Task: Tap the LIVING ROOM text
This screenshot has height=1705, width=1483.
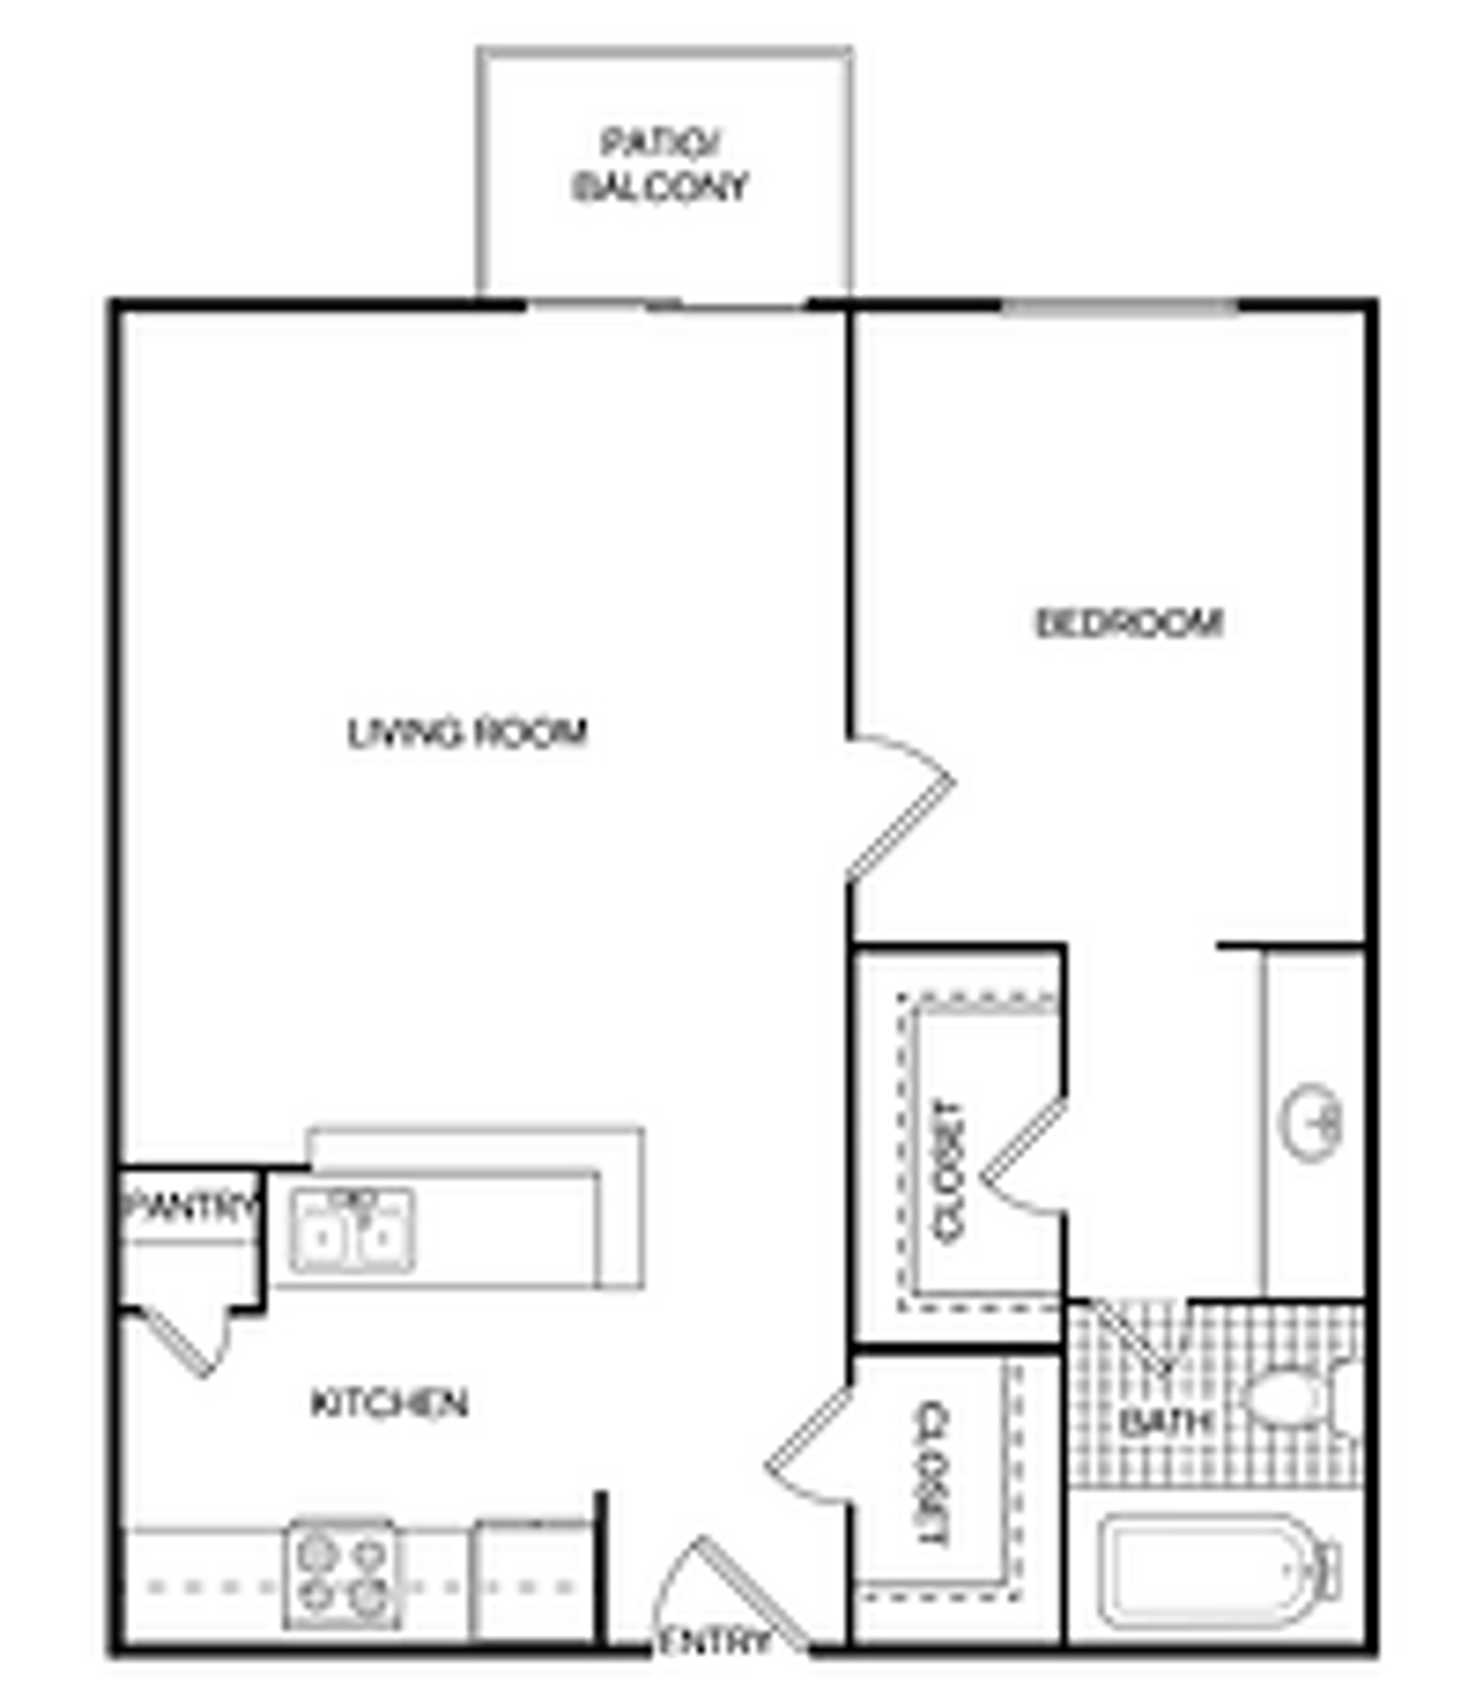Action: (x=467, y=733)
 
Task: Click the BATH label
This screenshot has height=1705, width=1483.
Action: (x=1164, y=1423)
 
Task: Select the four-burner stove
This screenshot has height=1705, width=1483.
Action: (x=343, y=1574)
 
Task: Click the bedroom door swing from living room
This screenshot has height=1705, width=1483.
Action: (x=897, y=808)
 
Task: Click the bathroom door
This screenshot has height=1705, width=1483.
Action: (x=1132, y=1337)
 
